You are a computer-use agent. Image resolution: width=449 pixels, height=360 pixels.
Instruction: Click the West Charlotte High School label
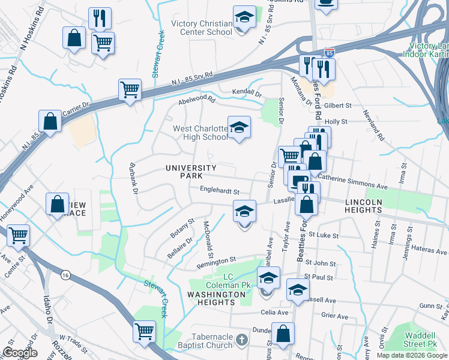(x=200, y=133)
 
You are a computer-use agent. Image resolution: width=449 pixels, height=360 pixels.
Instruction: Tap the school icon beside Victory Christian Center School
(x=244, y=19)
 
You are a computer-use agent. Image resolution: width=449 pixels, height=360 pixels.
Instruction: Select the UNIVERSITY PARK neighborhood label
(x=191, y=172)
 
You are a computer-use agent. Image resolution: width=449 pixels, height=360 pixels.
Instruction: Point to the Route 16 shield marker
(x=65, y=274)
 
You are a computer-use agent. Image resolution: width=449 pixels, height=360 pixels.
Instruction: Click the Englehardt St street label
(x=220, y=191)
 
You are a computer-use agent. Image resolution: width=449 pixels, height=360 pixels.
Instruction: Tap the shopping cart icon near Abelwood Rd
(x=130, y=90)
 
